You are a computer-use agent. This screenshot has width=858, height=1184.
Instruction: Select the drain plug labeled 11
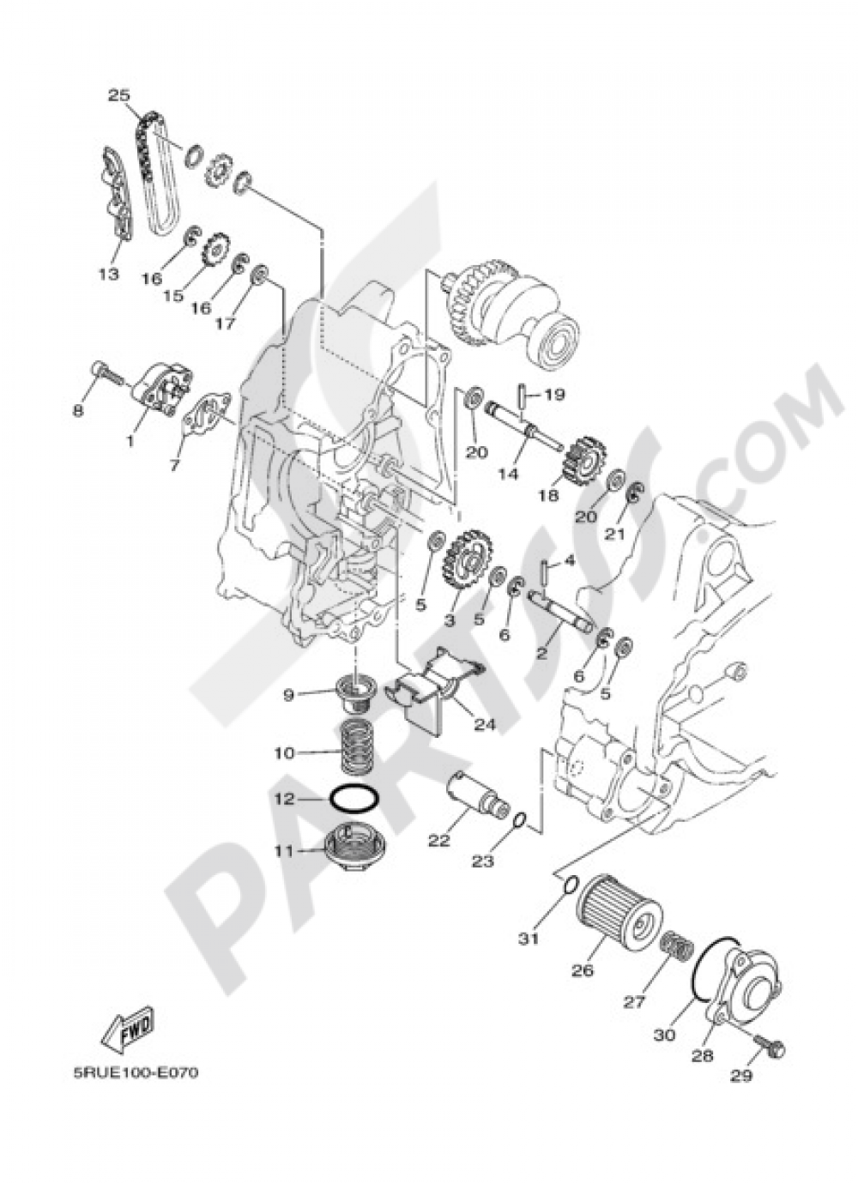[352, 845]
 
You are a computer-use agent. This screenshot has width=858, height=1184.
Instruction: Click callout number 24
[485, 725]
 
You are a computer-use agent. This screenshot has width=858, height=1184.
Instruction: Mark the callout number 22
[438, 841]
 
